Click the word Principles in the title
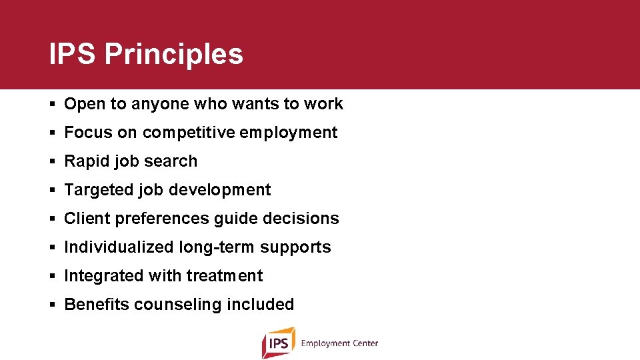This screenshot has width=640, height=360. click(x=173, y=55)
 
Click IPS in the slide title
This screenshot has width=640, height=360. click(x=73, y=54)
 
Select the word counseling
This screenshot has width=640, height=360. click(x=177, y=305)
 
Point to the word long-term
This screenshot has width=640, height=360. click(x=217, y=247)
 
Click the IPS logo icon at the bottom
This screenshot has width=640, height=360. click(x=278, y=343)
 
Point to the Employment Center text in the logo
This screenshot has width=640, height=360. click(x=339, y=343)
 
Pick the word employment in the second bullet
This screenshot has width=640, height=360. click(x=288, y=133)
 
